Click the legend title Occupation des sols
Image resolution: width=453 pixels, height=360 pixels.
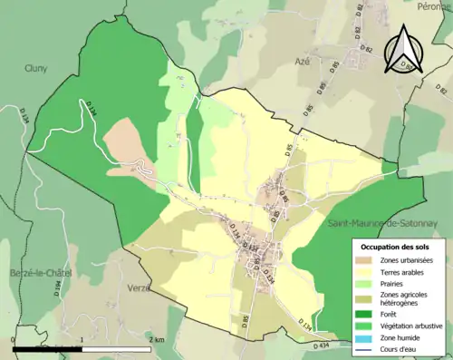(396, 247)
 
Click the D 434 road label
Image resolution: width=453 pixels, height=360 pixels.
(321, 345)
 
